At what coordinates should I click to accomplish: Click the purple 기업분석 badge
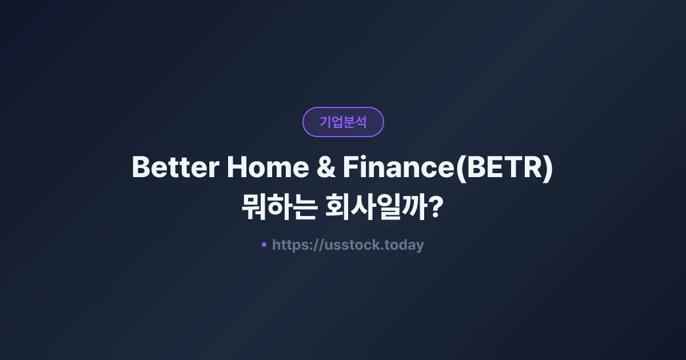coord(343,122)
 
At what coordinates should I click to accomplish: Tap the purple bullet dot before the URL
coord(264,245)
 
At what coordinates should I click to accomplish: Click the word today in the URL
coord(405,245)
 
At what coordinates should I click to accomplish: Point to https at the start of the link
coord(290,245)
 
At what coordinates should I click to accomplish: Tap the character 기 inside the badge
coord(325,122)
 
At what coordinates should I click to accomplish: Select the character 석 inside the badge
coord(361,122)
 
